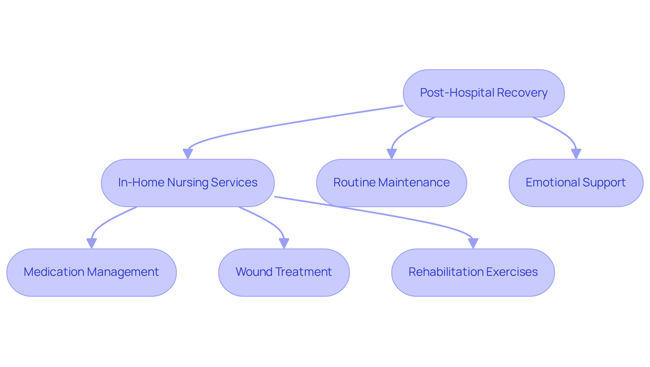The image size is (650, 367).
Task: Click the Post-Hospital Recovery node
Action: point(483,93)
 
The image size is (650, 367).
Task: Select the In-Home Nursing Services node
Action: point(188,183)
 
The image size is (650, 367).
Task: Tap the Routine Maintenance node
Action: point(391,183)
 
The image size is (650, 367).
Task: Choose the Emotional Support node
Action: point(576,183)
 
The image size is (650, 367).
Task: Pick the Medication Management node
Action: point(91,272)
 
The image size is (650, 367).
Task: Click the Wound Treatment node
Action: point(284,272)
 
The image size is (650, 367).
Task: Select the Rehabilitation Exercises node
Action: point(473,272)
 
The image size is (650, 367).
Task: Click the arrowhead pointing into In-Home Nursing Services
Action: point(188,154)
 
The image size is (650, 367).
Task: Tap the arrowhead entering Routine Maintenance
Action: point(391,154)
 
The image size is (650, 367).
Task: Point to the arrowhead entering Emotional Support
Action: point(576,154)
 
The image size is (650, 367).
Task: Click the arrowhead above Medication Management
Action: point(91,243)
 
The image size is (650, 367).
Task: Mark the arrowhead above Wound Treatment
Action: point(284,243)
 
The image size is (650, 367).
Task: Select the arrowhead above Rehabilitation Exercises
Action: point(473,243)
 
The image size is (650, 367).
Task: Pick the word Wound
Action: point(254,272)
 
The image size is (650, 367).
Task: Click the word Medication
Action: point(54,272)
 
